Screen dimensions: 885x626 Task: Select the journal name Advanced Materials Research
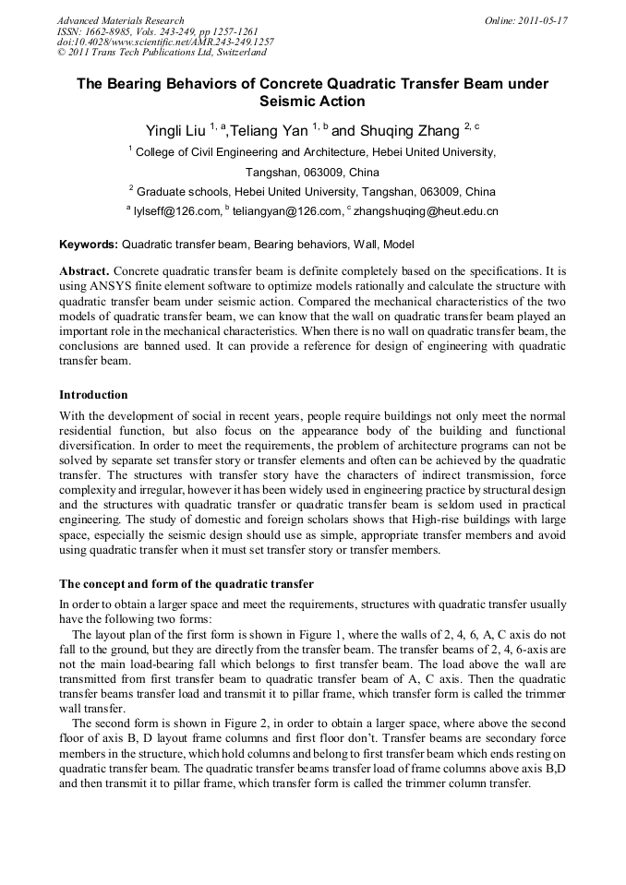pos(120,20)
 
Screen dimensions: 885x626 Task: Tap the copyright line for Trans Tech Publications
pos(162,53)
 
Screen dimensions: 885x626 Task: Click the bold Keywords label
pos(89,245)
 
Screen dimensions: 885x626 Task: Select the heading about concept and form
pos(187,584)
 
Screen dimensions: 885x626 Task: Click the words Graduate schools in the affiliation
pos(178,192)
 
